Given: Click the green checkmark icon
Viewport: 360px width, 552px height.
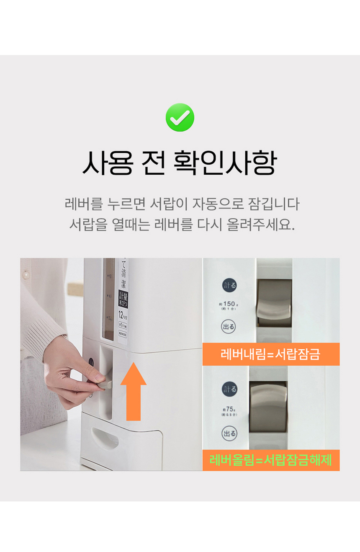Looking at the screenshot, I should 180,117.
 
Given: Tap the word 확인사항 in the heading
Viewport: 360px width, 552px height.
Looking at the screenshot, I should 224,163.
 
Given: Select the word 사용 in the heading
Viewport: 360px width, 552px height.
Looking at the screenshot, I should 107,163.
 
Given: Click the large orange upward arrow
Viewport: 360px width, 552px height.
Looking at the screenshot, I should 133,391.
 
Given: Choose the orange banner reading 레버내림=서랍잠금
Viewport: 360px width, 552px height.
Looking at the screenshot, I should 270,354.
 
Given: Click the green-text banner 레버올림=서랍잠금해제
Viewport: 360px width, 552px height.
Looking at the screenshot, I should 270,460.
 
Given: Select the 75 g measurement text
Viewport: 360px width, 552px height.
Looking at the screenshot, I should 229,410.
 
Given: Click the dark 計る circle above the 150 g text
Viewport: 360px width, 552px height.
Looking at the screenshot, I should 229,286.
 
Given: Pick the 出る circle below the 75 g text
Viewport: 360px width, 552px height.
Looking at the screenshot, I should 229,433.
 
